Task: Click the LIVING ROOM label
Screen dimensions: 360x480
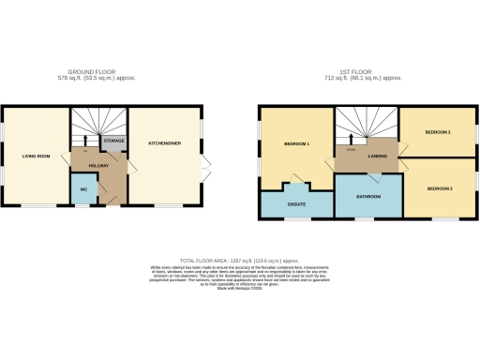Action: pyautogui.click(x=35, y=156)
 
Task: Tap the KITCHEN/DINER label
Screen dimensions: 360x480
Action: pyautogui.click(x=165, y=142)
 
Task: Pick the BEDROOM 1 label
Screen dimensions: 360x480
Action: pyautogui.click(x=297, y=143)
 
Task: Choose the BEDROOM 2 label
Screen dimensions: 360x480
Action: pyautogui.click(x=440, y=189)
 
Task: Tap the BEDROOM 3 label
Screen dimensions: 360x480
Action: pyautogui.click(x=438, y=132)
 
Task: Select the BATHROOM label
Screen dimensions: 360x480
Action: pyautogui.click(x=367, y=196)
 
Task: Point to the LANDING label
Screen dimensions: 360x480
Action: pyautogui.click(x=379, y=157)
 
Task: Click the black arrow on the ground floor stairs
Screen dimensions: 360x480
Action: pyautogui.click(x=85, y=146)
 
